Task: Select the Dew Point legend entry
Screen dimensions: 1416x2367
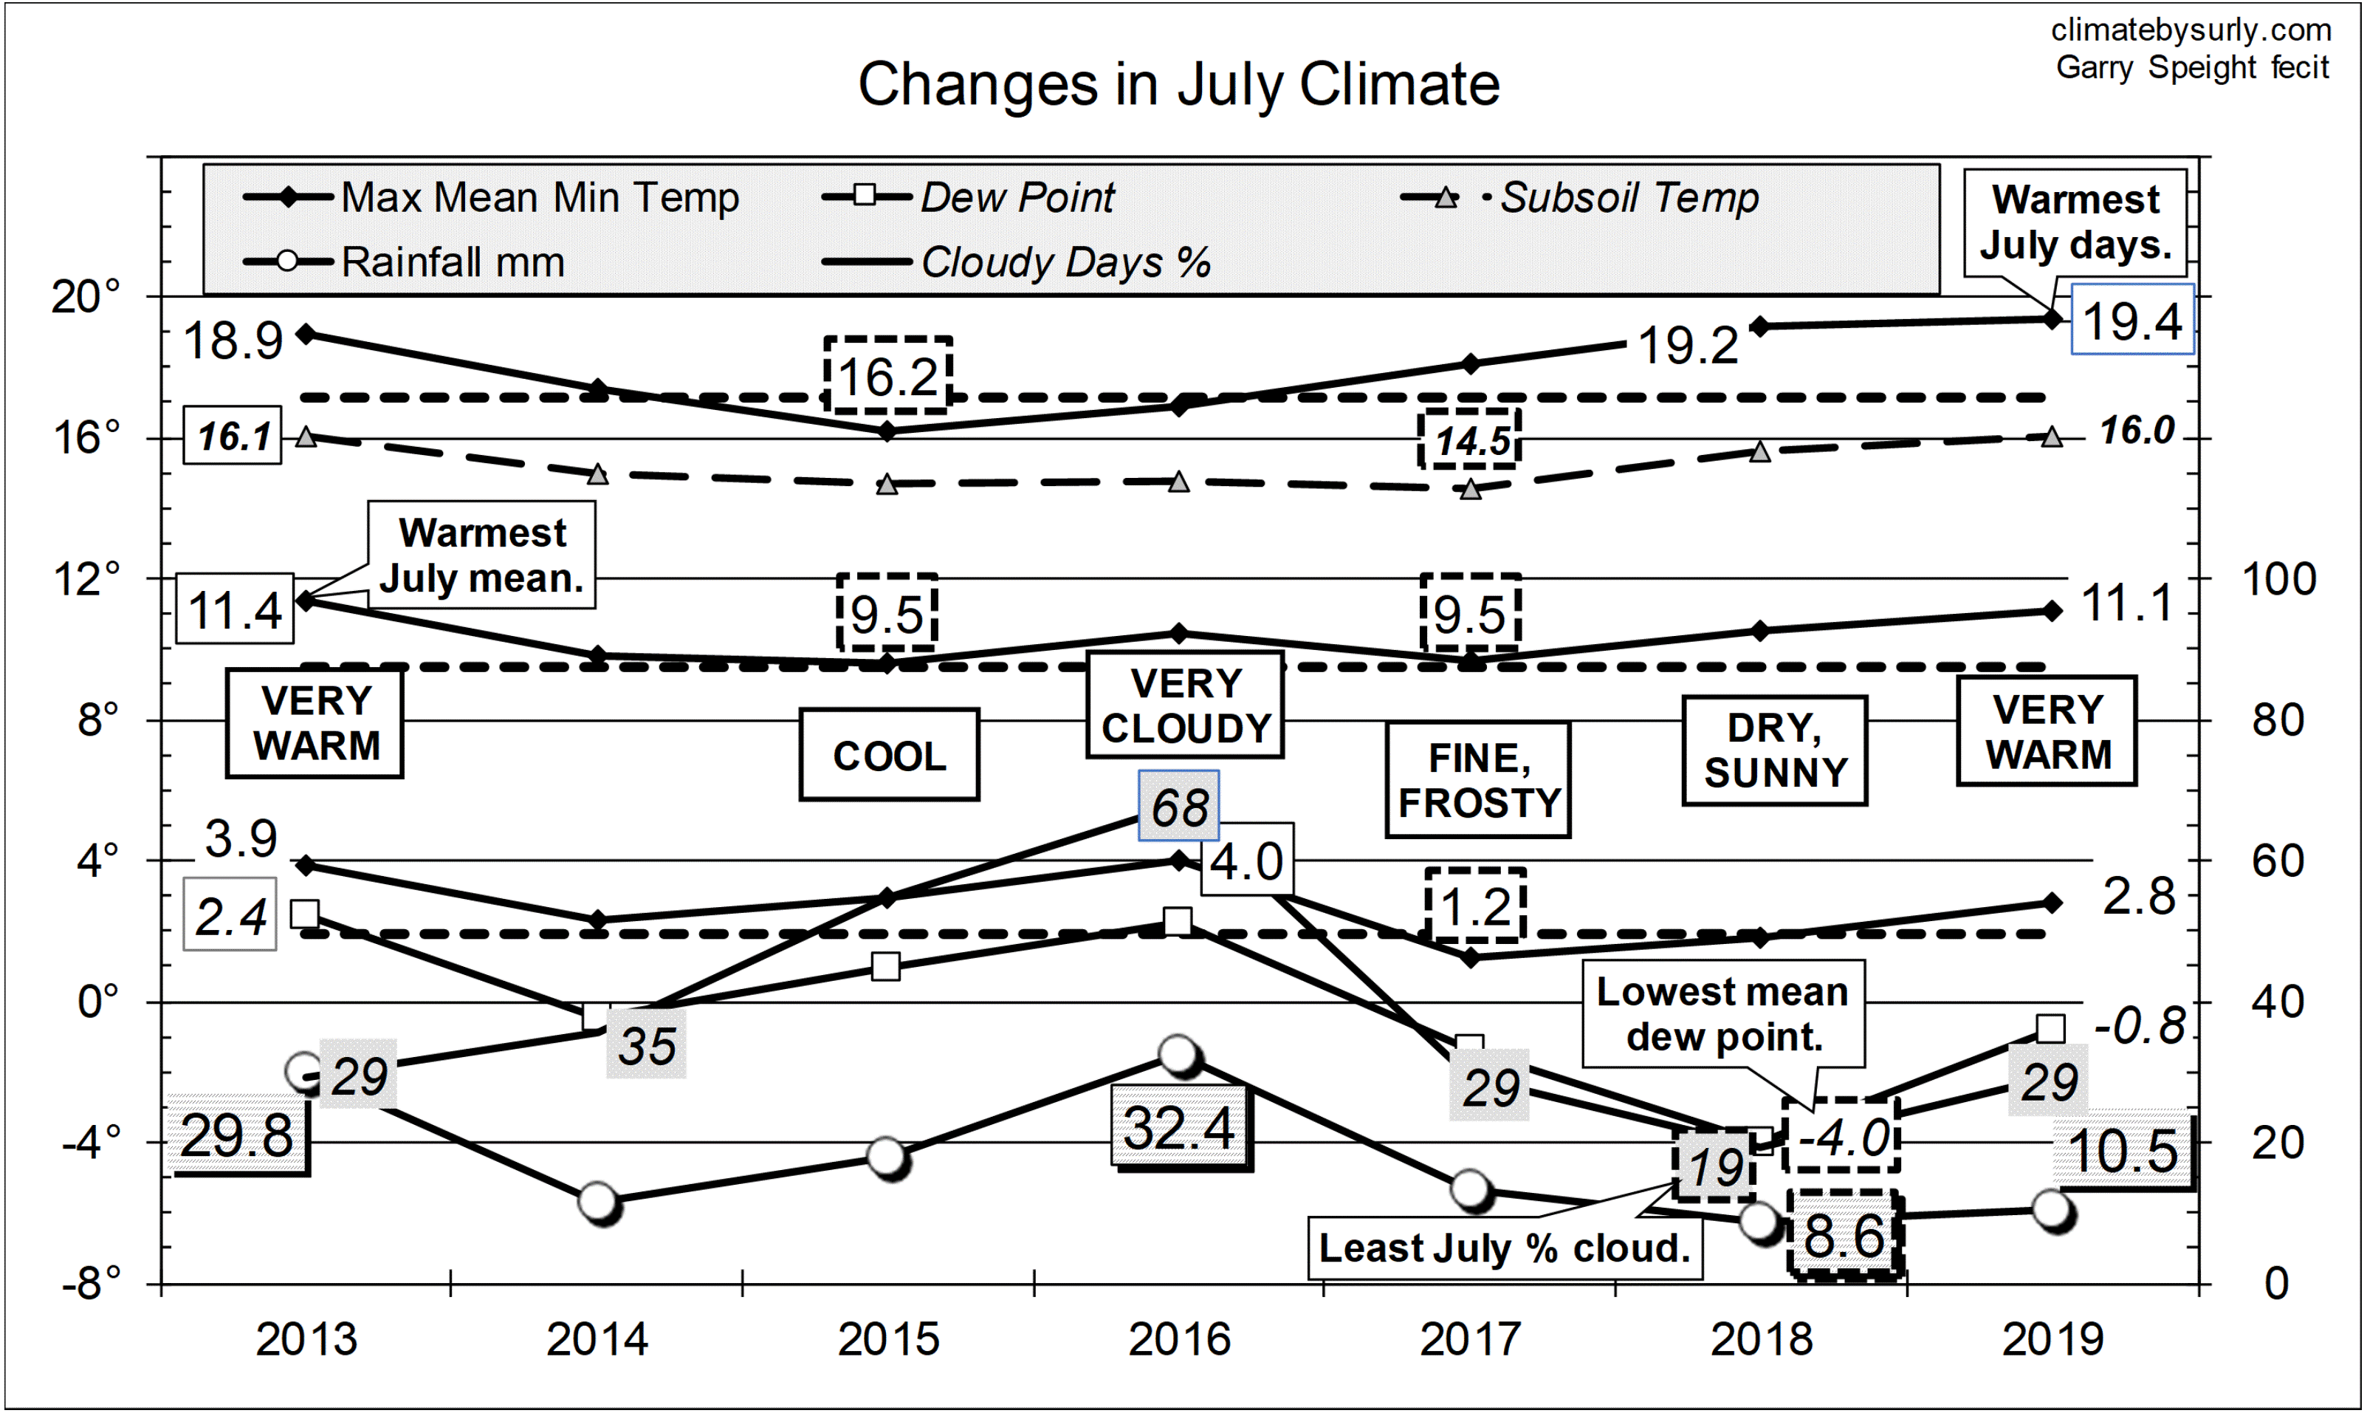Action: coord(1017,197)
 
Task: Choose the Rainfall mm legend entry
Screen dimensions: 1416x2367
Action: coord(452,261)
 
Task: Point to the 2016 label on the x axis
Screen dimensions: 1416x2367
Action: coord(1179,1338)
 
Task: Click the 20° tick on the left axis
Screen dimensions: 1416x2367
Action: coord(86,297)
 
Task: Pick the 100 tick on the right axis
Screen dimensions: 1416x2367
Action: coord(2278,579)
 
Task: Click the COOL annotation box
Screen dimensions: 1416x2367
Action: coord(889,755)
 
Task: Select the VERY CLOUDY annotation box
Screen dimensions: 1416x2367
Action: coord(1186,705)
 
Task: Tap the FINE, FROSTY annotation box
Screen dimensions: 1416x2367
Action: coord(1478,779)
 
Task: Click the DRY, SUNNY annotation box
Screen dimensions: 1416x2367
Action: coord(1774,750)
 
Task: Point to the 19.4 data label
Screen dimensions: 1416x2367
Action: coord(2131,320)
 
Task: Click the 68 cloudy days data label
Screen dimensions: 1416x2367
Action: coord(1179,807)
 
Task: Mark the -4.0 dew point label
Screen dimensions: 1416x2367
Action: coord(1841,1135)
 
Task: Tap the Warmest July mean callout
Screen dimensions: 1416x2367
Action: coord(481,555)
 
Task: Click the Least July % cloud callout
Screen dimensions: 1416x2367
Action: coord(1504,1247)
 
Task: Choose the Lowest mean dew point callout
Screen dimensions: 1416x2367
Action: coord(1723,1013)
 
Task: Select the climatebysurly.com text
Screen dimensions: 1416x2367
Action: coord(2191,30)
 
